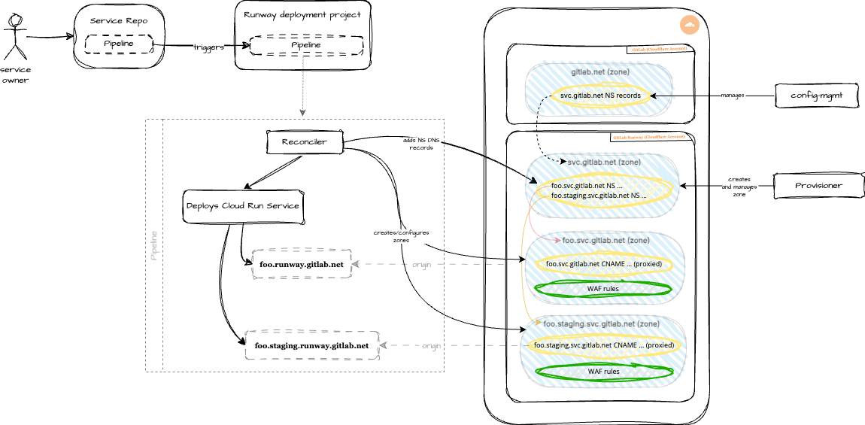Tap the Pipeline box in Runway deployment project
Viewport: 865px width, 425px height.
click(x=305, y=45)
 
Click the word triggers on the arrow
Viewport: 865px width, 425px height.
click(x=208, y=47)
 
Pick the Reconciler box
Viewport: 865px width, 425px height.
click(x=305, y=141)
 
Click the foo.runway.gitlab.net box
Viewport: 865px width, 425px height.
click(x=301, y=264)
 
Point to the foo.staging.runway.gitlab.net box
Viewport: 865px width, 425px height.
click(x=311, y=345)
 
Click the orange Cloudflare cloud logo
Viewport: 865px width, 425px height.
click(x=689, y=26)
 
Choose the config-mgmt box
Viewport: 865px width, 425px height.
click(x=816, y=96)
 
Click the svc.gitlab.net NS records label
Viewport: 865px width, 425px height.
click(x=600, y=96)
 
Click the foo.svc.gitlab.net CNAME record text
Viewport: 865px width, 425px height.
click(x=600, y=263)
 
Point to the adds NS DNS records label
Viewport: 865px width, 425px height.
click(x=420, y=144)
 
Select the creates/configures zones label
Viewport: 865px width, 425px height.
click(x=401, y=236)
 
